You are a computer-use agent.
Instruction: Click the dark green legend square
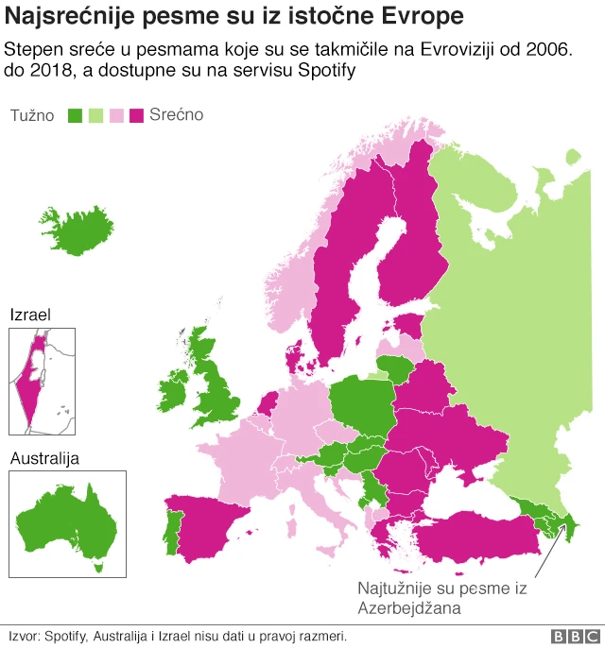76,115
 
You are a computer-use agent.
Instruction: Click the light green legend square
95,115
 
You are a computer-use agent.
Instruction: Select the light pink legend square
115,115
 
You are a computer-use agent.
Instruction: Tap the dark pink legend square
136,115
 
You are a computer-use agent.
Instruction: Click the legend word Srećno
176,115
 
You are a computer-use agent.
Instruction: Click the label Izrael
30,315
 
